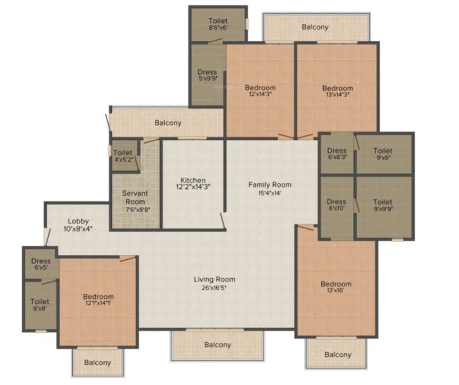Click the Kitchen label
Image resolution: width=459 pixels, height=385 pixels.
193,180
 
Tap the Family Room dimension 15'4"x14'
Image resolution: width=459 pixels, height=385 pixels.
270,193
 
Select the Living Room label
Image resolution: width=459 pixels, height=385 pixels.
214,279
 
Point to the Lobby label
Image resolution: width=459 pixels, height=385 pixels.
78,221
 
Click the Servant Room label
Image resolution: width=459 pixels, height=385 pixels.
135,197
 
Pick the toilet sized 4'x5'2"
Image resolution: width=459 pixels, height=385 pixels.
125,155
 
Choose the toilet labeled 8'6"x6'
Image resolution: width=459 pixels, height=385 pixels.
218,24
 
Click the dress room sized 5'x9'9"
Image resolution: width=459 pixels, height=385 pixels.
208,75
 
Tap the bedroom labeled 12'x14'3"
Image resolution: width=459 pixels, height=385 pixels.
260,90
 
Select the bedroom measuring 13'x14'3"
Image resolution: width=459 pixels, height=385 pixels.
337,90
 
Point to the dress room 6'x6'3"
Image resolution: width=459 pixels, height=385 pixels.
337,154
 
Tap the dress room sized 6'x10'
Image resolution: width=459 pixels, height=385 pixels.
337,207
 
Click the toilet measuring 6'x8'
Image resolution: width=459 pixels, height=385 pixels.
40,305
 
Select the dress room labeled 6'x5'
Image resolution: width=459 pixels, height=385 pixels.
41,263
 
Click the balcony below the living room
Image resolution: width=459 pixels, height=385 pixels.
217,345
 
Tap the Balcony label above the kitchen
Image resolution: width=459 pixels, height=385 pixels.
168,123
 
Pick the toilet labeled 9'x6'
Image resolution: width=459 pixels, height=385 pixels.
384,154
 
